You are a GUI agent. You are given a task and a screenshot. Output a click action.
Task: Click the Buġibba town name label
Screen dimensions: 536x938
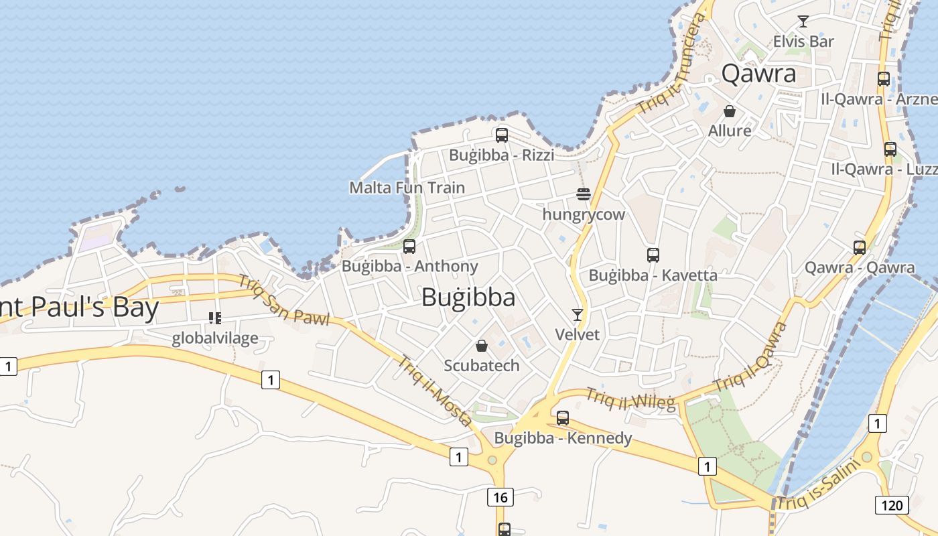click(468, 297)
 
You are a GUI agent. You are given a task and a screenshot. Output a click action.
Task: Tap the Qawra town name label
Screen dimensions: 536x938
click(758, 73)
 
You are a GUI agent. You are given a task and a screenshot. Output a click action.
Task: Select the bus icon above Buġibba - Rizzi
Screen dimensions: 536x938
click(502, 135)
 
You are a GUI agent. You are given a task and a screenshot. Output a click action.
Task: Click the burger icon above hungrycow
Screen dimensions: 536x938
click(583, 195)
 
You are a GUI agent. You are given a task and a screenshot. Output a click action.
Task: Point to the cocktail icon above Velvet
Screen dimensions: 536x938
click(577, 314)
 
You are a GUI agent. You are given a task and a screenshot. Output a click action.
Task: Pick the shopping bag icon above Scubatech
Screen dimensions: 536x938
click(481, 346)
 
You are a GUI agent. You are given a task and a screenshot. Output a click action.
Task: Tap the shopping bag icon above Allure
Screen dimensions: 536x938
click(730, 111)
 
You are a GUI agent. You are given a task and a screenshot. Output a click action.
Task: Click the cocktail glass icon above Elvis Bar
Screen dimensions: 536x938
click(803, 21)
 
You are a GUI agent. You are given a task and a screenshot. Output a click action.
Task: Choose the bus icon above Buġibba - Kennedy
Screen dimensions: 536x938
click(563, 418)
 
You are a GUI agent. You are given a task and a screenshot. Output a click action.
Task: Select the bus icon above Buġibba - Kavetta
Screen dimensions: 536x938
click(653, 255)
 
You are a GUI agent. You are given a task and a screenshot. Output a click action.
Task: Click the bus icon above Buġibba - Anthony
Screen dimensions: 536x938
click(409, 247)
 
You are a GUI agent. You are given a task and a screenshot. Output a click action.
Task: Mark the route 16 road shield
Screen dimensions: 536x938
click(500, 496)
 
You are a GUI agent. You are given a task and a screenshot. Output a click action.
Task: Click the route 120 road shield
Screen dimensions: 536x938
click(892, 505)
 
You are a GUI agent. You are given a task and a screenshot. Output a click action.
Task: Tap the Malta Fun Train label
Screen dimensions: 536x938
click(407, 188)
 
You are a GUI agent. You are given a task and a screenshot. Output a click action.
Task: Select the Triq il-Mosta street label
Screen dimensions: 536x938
click(435, 391)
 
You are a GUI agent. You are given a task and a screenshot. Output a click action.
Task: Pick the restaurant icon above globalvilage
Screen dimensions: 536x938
click(215, 318)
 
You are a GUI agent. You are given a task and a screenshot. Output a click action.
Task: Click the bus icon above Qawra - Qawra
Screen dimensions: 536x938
click(860, 247)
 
